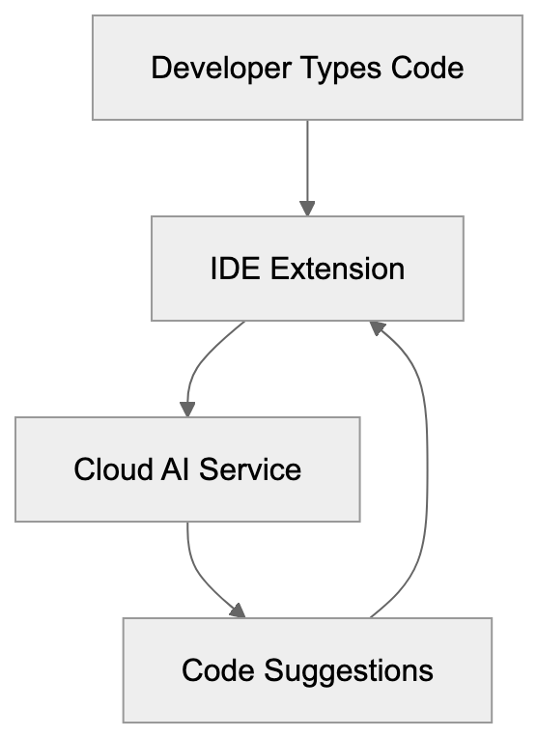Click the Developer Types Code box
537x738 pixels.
307,68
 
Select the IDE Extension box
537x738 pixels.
307,268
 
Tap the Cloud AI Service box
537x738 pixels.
187,469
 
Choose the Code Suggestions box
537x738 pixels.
307,669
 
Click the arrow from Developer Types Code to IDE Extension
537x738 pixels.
307,164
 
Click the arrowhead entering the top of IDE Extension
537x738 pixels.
307,208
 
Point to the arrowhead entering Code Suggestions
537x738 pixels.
238,610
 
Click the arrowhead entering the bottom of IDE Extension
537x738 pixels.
378,327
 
